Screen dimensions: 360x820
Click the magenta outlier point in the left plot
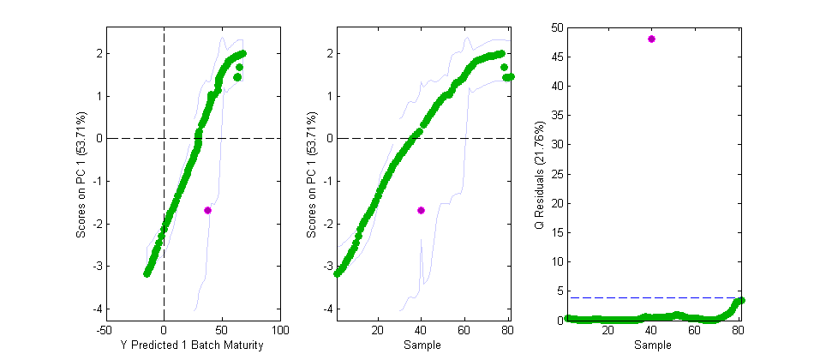pos(207,210)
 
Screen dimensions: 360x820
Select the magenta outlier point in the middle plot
pos(421,210)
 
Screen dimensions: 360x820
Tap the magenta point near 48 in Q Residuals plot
pos(651,39)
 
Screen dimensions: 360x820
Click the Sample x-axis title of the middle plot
pos(421,345)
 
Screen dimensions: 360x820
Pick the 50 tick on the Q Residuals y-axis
pos(557,27)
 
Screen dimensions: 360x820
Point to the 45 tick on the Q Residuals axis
pos(557,57)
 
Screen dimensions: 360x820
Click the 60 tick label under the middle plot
pos(464,330)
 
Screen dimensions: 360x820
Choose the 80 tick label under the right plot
pos(737,330)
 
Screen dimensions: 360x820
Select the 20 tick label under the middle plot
pos(377,330)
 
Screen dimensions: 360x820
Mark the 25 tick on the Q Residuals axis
pos(557,174)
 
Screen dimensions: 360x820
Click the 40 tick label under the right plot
pos(651,330)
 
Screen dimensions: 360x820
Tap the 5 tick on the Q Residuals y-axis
pos(560,291)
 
